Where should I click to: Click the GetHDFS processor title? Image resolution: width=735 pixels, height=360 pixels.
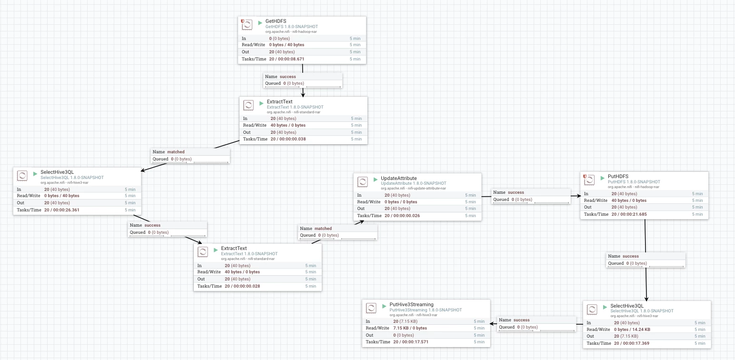[276, 21]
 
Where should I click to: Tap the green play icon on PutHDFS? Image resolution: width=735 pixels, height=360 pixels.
[602, 178]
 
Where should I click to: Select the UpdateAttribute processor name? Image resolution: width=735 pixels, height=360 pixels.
[398, 178]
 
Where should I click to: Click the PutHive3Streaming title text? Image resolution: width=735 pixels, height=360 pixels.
[411, 305]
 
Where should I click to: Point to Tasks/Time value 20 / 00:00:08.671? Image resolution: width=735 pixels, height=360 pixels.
[287, 59]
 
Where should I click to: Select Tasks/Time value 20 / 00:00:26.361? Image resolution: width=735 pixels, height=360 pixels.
[62, 210]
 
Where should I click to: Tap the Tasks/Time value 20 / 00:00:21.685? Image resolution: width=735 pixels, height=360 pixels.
[629, 214]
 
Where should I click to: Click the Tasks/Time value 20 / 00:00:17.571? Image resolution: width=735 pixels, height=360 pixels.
[411, 342]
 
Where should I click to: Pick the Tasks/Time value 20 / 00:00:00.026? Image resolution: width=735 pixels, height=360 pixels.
[402, 216]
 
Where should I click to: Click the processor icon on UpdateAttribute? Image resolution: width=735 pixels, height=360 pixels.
[362, 181]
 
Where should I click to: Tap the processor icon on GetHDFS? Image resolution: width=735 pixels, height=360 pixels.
[247, 25]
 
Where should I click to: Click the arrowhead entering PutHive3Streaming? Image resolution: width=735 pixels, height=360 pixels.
[493, 324]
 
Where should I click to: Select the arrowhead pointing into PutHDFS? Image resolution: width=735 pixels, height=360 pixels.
[578, 196]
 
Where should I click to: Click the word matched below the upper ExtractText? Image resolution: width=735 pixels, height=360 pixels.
[176, 152]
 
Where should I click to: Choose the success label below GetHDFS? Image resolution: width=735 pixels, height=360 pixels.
[288, 77]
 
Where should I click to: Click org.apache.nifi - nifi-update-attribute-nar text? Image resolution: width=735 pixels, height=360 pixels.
[413, 189]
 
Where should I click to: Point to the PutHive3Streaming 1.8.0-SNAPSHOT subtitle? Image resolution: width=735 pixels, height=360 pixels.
[426, 310]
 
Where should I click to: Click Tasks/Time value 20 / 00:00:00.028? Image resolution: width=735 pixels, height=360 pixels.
[242, 286]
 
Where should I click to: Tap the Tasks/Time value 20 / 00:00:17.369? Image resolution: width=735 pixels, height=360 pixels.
[632, 343]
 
